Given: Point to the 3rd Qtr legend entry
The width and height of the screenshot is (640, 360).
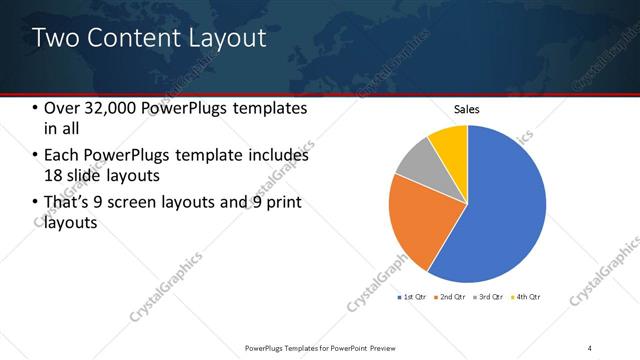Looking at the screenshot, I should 491,297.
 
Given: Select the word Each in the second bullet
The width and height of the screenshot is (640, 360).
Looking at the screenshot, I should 61,156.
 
